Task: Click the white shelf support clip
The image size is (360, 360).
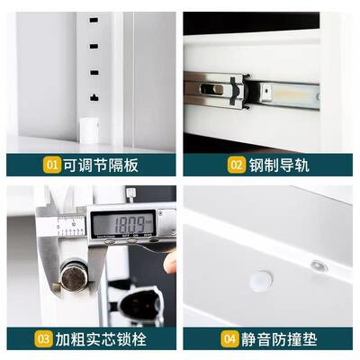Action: [x=90, y=129]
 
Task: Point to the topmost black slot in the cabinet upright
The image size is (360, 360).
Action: [x=94, y=19]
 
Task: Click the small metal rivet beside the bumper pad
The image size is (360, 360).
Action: [x=318, y=265]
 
